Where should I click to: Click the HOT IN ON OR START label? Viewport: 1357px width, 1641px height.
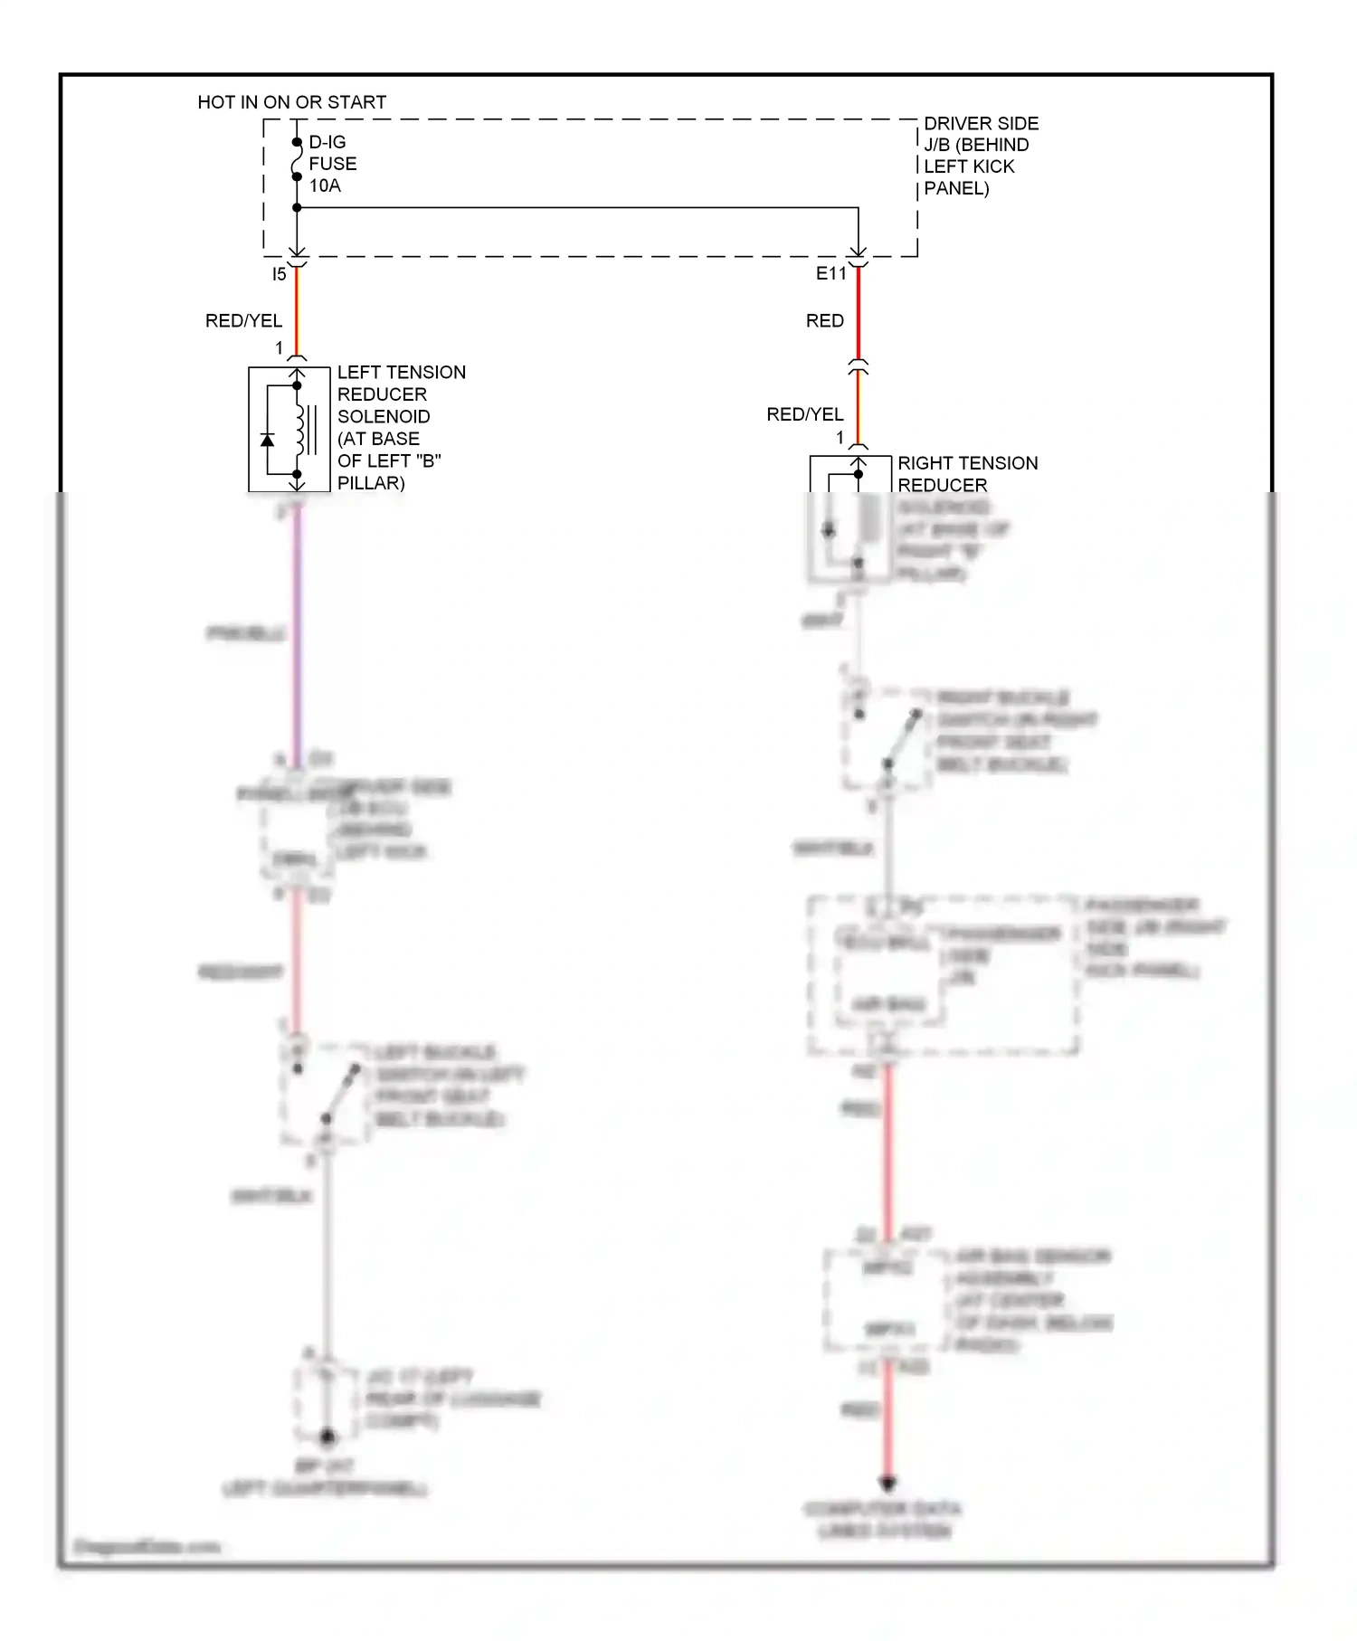point(291,102)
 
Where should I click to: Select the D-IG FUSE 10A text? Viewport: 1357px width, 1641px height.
point(332,164)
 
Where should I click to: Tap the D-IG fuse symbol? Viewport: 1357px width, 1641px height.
point(297,159)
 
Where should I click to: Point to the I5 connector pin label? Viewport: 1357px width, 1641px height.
point(279,274)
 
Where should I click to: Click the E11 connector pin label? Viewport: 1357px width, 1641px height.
point(830,274)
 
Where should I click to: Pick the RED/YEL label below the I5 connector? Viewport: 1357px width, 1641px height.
point(243,321)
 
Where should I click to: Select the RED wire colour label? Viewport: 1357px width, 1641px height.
point(824,321)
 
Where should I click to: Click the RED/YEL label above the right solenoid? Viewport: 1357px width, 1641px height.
point(804,414)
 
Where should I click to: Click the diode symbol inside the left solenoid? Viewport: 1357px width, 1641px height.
point(268,440)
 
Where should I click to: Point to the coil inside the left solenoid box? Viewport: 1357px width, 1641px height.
point(299,430)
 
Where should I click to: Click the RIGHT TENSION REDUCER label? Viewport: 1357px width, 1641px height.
point(966,474)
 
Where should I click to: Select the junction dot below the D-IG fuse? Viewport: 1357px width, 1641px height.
point(297,208)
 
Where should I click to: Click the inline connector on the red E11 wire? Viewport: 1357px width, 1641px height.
point(858,367)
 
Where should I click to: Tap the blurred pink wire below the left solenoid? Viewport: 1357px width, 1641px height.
point(297,633)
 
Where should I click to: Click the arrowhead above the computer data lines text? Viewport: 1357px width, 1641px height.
point(887,1484)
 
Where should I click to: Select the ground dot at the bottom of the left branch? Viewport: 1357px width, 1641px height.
point(327,1437)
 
